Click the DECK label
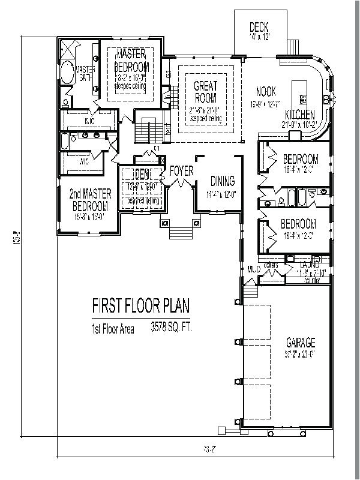tap(259, 27)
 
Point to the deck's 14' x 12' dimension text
tap(259, 37)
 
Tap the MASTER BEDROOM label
tap(133, 59)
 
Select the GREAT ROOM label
tap(205, 92)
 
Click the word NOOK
tap(265, 92)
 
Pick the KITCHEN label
tap(299, 115)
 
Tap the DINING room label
tap(222, 181)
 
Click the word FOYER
tap(181, 171)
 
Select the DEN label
tap(142, 175)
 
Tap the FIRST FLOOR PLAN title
tap(140, 307)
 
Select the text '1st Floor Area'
tap(113, 328)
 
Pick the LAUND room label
tap(310, 265)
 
